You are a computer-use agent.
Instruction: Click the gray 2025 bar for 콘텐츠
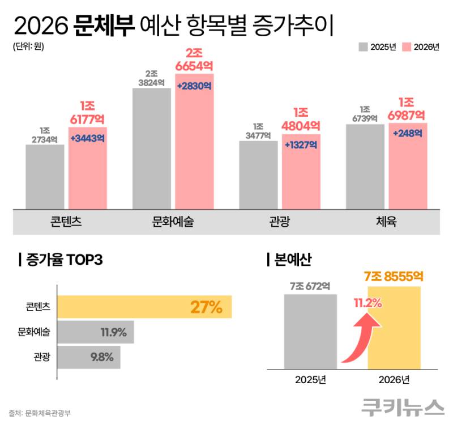tap(45, 176)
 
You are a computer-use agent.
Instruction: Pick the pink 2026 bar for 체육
tap(408, 170)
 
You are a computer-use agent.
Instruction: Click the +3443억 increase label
tap(88, 138)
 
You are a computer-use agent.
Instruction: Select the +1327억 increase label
tap(301, 145)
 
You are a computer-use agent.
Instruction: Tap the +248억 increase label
tap(408, 133)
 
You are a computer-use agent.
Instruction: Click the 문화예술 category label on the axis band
tap(173, 222)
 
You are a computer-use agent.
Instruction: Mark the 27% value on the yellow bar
tap(206, 307)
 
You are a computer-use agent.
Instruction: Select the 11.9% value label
tap(113, 332)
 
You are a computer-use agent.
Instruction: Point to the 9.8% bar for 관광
tap(89, 357)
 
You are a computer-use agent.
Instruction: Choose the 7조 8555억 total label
tap(395, 277)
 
